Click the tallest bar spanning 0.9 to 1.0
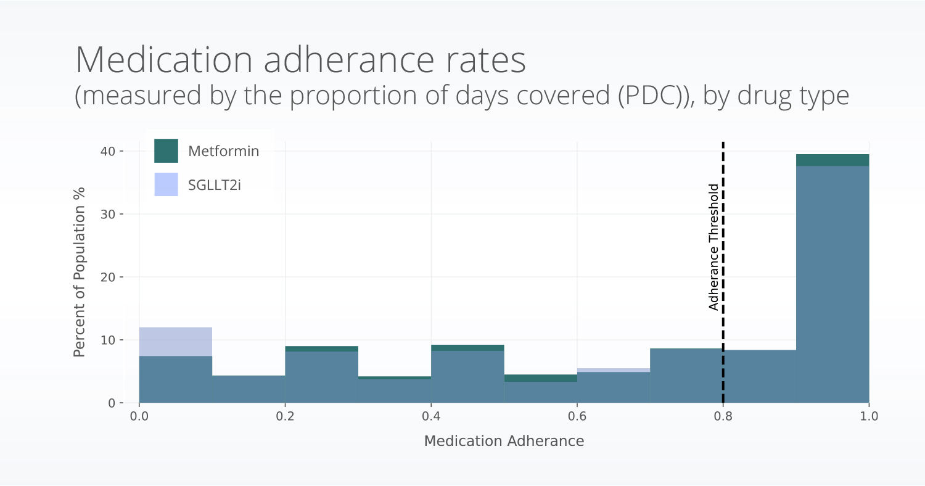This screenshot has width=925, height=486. [832, 284]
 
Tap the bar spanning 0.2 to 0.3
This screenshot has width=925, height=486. [321, 376]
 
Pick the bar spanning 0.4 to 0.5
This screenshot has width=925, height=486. [467, 376]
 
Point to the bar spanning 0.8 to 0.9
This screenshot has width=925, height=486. [760, 376]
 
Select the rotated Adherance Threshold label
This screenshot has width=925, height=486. [713, 247]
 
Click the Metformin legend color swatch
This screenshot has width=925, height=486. [166, 151]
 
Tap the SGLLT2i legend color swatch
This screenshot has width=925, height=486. [166, 184]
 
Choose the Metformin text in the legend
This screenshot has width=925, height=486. [223, 151]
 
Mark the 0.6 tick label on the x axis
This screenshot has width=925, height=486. [577, 417]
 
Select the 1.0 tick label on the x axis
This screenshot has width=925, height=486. [868, 417]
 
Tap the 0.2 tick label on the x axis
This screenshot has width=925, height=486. [285, 417]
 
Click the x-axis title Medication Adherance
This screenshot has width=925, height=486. [504, 441]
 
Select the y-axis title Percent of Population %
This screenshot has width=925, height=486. [79, 271]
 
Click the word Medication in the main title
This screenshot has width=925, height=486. [163, 60]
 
